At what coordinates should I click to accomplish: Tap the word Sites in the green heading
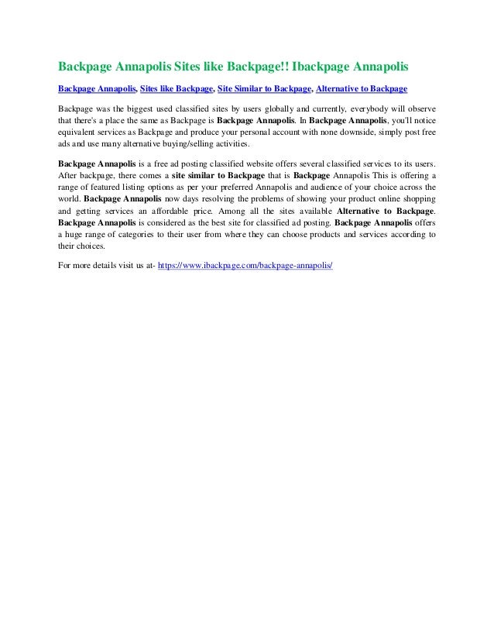click(x=190, y=61)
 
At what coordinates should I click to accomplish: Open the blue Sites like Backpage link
click(x=177, y=88)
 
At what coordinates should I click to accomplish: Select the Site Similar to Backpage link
click(x=263, y=88)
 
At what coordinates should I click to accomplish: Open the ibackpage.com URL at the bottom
click(x=245, y=266)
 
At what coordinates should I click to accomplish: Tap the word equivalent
click(x=80, y=132)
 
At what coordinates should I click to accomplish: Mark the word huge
click(x=77, y=234)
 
